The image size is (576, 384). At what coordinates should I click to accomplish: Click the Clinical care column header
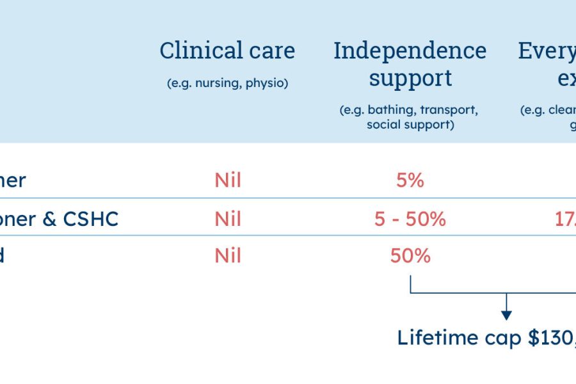(227, 51)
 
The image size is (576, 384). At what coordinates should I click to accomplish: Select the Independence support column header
(410, 64)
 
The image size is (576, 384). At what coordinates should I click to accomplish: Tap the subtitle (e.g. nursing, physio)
(227, 83)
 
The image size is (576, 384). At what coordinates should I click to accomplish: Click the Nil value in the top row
(228, 180)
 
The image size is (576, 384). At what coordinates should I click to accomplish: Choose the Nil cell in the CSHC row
(228, 219)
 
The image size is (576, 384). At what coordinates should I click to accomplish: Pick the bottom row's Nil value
(228, 256)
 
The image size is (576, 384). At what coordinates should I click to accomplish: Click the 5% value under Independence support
(410, 180)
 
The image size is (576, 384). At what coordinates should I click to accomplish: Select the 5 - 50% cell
(410, 219)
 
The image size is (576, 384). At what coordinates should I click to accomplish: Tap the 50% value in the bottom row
(410, 256)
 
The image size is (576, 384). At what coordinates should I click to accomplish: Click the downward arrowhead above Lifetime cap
(506, 314)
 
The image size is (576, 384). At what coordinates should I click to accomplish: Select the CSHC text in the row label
(91, 219)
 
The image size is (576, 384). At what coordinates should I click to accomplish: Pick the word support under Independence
(410, 78)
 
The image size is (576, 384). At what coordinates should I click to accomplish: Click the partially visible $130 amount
(552, 337)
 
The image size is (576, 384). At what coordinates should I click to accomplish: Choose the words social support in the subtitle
(410, 124)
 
